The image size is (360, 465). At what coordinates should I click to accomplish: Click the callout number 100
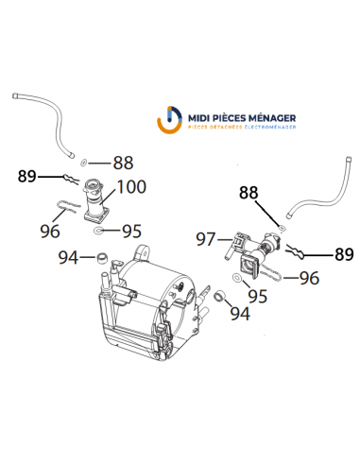(x=131, y=186)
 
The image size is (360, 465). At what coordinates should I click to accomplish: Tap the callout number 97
(x=206, y=239)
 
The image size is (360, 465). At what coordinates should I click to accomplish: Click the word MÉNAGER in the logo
(x=272, y=118)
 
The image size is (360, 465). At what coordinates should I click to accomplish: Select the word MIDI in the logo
(x=198, y=118)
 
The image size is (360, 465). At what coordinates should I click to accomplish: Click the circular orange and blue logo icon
(x=169, y=120)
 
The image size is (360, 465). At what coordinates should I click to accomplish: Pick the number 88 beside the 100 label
(x=123, y=163)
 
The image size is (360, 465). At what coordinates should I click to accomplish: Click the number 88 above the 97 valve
(x=249, y=192)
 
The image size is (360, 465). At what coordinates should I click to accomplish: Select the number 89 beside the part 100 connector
(x=27, y=176)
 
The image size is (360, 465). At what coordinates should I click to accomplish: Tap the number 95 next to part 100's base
(x=131, y=232)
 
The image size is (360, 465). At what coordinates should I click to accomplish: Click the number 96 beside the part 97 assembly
(x=309, y=278)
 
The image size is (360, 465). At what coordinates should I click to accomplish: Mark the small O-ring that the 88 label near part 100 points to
(x=84, y=163)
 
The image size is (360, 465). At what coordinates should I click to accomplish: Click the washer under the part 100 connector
(x=98, y=231)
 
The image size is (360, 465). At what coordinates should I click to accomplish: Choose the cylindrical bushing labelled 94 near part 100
(x=102, y=257)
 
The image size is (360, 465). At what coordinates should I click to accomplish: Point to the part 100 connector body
(x=95, y=200)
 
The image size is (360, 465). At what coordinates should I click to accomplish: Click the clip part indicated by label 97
(x=234, y=245)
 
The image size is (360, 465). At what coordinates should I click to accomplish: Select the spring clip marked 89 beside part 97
(x=296, y=252)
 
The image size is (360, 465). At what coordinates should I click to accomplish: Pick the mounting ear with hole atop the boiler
(x=142, y=253)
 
